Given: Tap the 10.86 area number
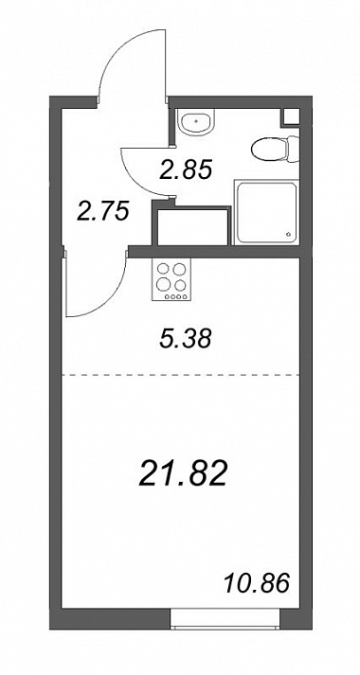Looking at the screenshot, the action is coord(257,584).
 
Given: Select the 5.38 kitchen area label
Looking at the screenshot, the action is coord(185,339).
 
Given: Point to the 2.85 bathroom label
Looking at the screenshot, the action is coord(186,169).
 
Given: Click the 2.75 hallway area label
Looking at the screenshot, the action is coord(103,211).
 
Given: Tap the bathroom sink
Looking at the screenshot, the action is coord(196,121).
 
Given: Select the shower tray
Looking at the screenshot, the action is coord(266,213).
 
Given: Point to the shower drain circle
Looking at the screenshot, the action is coord(288,235).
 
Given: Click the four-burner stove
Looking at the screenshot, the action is coord(171,279).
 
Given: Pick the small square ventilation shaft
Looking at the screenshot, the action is coord(291,117).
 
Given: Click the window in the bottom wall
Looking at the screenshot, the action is coord(225,619).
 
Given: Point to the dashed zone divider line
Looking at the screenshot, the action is coord(181,376).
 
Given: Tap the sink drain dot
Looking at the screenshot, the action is coord(197,121).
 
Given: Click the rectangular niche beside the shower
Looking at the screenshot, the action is coord(192,226).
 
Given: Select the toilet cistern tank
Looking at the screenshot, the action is coord(294,150).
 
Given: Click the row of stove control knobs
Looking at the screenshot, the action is coord(171,296).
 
